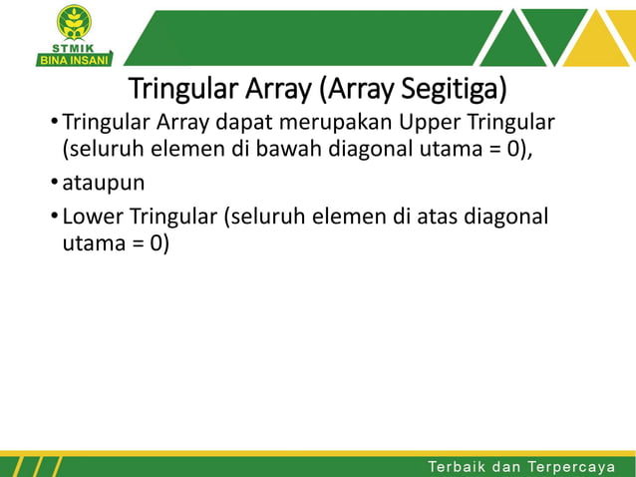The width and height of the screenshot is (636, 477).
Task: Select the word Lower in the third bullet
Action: (92, 218)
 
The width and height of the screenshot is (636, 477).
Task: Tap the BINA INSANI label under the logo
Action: (73, 59)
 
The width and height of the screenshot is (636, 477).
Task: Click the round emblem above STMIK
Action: (73, 21)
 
